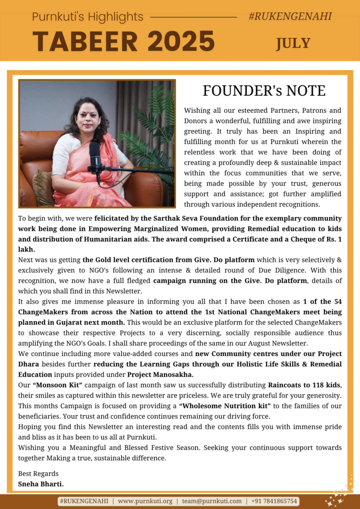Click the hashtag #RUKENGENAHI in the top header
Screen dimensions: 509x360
click(290, 16)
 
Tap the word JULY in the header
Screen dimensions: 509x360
click(293, 43)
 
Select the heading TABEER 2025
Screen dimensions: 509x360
click(124, 41)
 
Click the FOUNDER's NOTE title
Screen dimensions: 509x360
click(264, 91)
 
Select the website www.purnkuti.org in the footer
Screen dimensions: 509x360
click(145, 501)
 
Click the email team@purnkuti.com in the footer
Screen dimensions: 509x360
click(211, 501)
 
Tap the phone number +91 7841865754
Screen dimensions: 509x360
click(274, 501)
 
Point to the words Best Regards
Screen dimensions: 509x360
click(38, 473)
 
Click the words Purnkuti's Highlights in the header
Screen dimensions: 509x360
click(88, 17)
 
